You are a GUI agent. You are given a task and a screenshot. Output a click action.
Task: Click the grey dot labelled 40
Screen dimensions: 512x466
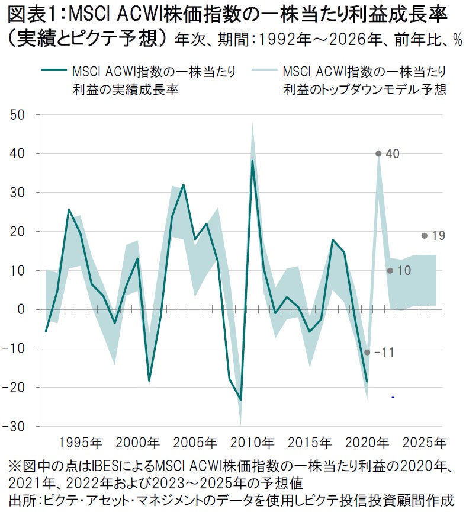378,154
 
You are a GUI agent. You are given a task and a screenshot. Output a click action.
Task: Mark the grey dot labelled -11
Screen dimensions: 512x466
367,352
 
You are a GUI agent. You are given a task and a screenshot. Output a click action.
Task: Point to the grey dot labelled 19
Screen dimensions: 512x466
424,236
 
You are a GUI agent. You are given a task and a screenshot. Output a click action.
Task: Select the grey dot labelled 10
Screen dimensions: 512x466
390,271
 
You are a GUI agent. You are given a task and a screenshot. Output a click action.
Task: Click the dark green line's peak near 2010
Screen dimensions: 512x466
252,161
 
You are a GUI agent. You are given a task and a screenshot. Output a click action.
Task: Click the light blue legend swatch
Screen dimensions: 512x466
265,72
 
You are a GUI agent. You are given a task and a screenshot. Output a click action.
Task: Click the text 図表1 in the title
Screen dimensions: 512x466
30,13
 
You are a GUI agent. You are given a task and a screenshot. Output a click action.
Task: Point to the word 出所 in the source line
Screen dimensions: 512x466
18,500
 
